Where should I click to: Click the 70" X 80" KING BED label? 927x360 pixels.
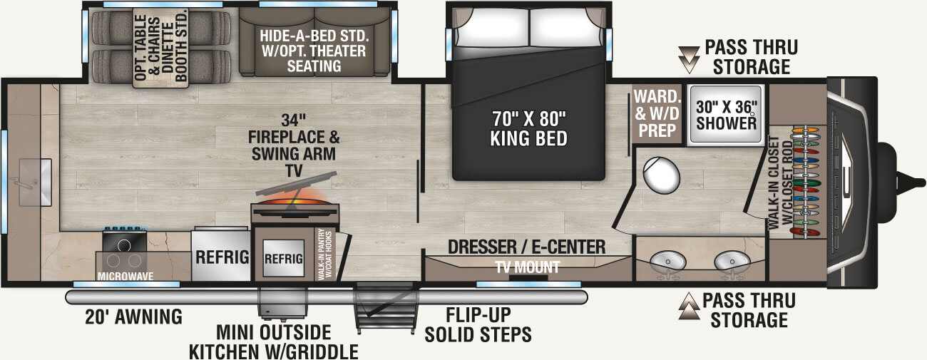click(528, 126)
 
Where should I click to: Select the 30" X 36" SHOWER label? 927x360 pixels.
click(726, 114)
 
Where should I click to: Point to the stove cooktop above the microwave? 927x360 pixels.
click(124, 244)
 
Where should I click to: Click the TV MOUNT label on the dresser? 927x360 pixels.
click(528, 267)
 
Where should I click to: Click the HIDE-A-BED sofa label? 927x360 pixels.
click(313, 51)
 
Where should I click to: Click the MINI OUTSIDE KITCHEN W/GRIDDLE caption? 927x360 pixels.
click(274, 342)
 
